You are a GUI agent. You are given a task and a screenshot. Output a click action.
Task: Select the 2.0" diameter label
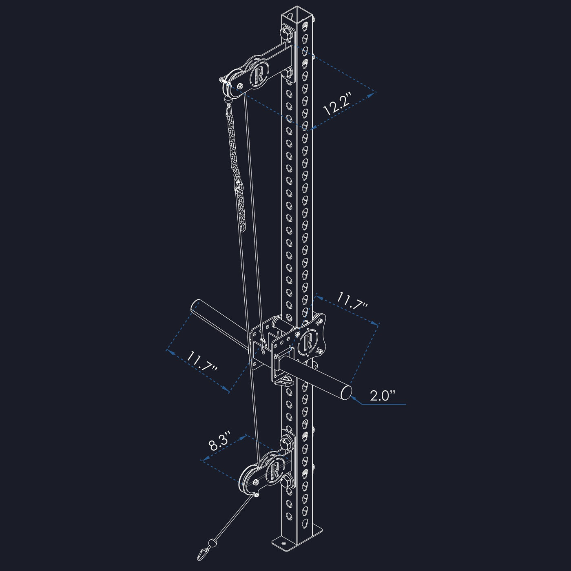point(383,396)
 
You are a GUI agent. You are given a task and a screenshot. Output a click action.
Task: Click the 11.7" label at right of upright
point(352,301)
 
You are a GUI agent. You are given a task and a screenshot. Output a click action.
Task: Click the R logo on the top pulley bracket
point(259,74)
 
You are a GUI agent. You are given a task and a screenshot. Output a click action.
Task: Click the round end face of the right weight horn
point(346,392)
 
